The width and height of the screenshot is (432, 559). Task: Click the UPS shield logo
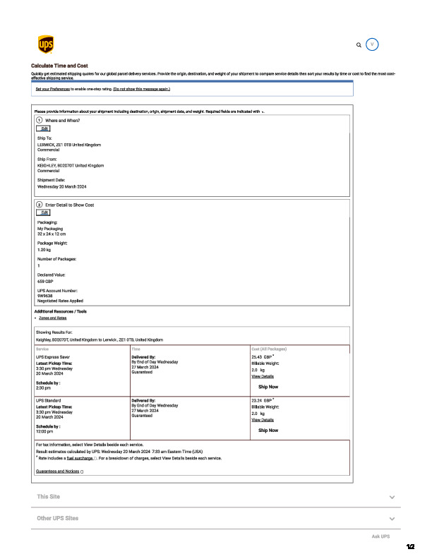click(45, 44)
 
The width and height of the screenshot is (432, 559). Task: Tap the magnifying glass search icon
click(359, 44)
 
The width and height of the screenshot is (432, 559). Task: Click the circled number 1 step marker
click(39, 121)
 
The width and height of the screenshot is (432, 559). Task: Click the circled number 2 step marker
click(39, 205)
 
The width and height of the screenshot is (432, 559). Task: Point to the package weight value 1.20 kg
click(44, 250)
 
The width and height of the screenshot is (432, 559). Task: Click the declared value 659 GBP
click(44, 281)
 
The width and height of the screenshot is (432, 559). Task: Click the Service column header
click(42, 349)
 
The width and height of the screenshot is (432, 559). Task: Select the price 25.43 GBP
click(262, 357)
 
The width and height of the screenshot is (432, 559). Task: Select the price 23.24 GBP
click(262, 400)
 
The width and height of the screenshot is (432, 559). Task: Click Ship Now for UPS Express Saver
click(268, 387)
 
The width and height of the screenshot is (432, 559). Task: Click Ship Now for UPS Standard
click(268, 430)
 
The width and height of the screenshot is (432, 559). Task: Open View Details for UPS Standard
click(263, 420)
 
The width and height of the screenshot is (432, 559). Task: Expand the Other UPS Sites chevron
click(392, 519)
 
